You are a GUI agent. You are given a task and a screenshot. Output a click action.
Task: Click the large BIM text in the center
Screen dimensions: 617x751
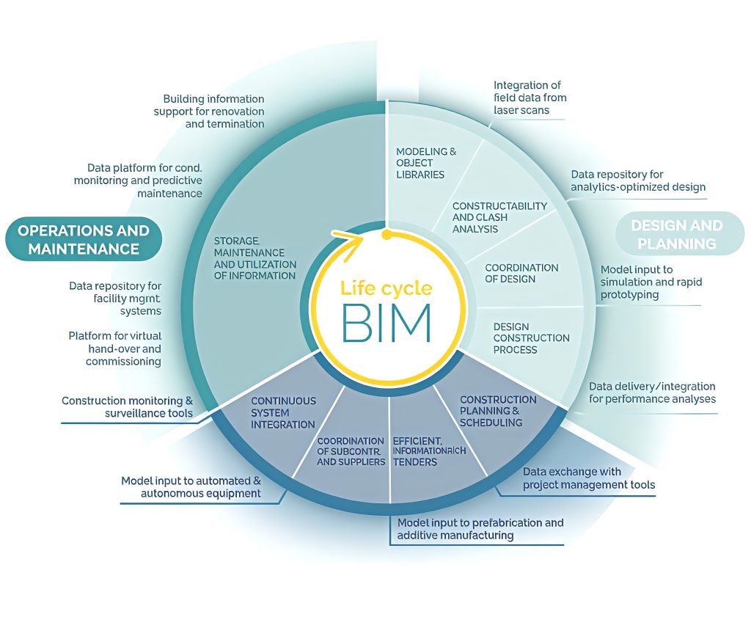click(x=387, y=322)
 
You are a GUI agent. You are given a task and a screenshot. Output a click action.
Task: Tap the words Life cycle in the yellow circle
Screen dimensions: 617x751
click(x=387, y=288)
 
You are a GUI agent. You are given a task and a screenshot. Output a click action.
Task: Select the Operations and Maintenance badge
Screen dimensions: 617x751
click(x=84, y=239)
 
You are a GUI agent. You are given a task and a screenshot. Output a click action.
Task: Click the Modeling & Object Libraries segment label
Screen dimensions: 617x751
click(x=426, y=163)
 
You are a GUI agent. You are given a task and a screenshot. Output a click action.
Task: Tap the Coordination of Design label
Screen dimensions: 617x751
click(x=521, y=273)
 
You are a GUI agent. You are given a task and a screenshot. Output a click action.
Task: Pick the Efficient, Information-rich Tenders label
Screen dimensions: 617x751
click(x=429, y=451)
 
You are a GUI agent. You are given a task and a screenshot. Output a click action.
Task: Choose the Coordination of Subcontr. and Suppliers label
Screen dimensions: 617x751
click(x=351, y=451)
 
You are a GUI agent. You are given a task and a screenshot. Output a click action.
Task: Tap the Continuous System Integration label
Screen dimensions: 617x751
click(x=283, y=412)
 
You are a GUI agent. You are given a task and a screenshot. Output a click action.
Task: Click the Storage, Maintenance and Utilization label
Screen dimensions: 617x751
click(x=254, y=258)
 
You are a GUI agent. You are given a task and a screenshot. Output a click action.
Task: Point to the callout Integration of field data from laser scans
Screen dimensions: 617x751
click(x=530, y=98)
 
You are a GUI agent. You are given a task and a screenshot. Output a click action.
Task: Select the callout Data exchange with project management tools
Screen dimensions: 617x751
click(x=588, y=478)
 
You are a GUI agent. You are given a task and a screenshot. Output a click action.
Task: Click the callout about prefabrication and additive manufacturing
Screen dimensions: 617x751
click(x=480, y=529)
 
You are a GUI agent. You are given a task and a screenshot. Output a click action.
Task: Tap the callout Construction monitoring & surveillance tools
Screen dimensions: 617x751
click(x=127, y=407)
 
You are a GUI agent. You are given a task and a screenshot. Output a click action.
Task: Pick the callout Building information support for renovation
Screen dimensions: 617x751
click(x=209, y=112)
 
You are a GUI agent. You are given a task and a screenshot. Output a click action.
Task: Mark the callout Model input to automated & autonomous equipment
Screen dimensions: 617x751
click(x=191, y=487)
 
